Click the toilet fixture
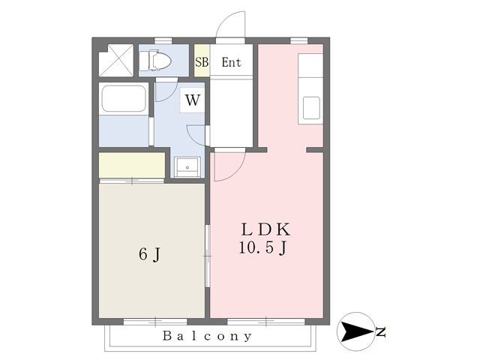pos(155,60)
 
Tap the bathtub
pos(124,98)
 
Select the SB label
pos(202,62)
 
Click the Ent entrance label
pos(232,62)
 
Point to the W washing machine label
pos(193,100)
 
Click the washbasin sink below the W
pos(187,167)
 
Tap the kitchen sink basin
pos(311,108)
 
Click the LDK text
pos(265,230)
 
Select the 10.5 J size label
pos(262,248)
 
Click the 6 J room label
pos(150,254)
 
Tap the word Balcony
pos(207,336)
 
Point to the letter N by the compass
pos(381,332)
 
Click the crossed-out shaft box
pos(116,60)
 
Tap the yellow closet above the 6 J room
pos(132,165)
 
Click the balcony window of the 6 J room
pos(155,322)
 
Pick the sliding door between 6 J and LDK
pos(208,256)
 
